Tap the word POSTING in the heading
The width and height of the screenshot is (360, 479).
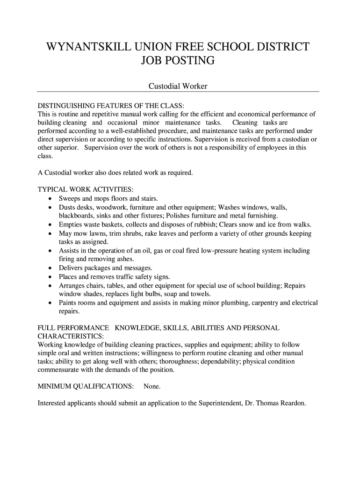point(193,61)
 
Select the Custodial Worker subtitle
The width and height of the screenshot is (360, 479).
point(178,86)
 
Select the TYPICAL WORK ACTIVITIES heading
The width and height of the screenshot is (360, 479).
point(85,190)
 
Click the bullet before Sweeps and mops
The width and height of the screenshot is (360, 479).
point(50,199)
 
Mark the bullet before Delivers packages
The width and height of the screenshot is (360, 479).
point(50,269)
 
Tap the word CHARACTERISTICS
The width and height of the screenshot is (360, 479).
point(70,337)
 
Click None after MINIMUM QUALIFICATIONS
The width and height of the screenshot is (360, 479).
point(152,387)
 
